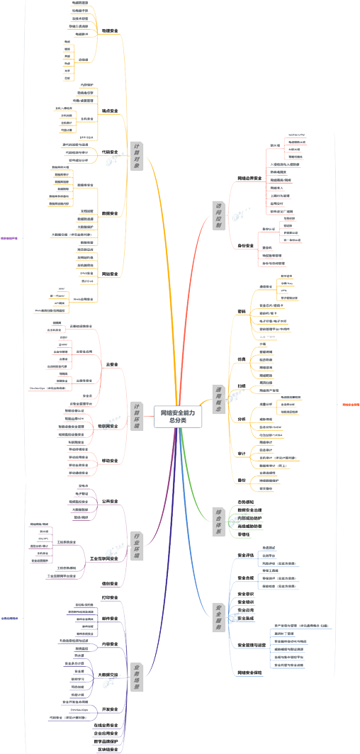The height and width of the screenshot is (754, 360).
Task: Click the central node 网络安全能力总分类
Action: click(x=178, y=416)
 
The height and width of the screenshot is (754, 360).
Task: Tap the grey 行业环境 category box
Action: click(x=137, y=546)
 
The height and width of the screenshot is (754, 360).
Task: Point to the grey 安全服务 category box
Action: click(x=219, y=618)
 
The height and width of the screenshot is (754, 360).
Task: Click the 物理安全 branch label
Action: click(x=110, y=31)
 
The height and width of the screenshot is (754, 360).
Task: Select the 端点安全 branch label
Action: click(x=110, y=111)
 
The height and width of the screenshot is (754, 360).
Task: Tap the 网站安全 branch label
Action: click(x=110, y=274)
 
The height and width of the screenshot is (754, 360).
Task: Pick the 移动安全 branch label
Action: click(x=110, y=461)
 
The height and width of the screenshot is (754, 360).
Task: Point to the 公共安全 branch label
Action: click(x=110, y=501)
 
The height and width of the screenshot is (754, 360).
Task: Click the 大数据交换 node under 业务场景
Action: click(x=107, y=675)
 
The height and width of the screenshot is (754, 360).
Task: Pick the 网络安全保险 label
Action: click(x=249, y=672)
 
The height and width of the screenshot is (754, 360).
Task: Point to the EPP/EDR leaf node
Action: click(x=86, y=137)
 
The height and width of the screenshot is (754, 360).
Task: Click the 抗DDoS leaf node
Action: click(x=88, y=281)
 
